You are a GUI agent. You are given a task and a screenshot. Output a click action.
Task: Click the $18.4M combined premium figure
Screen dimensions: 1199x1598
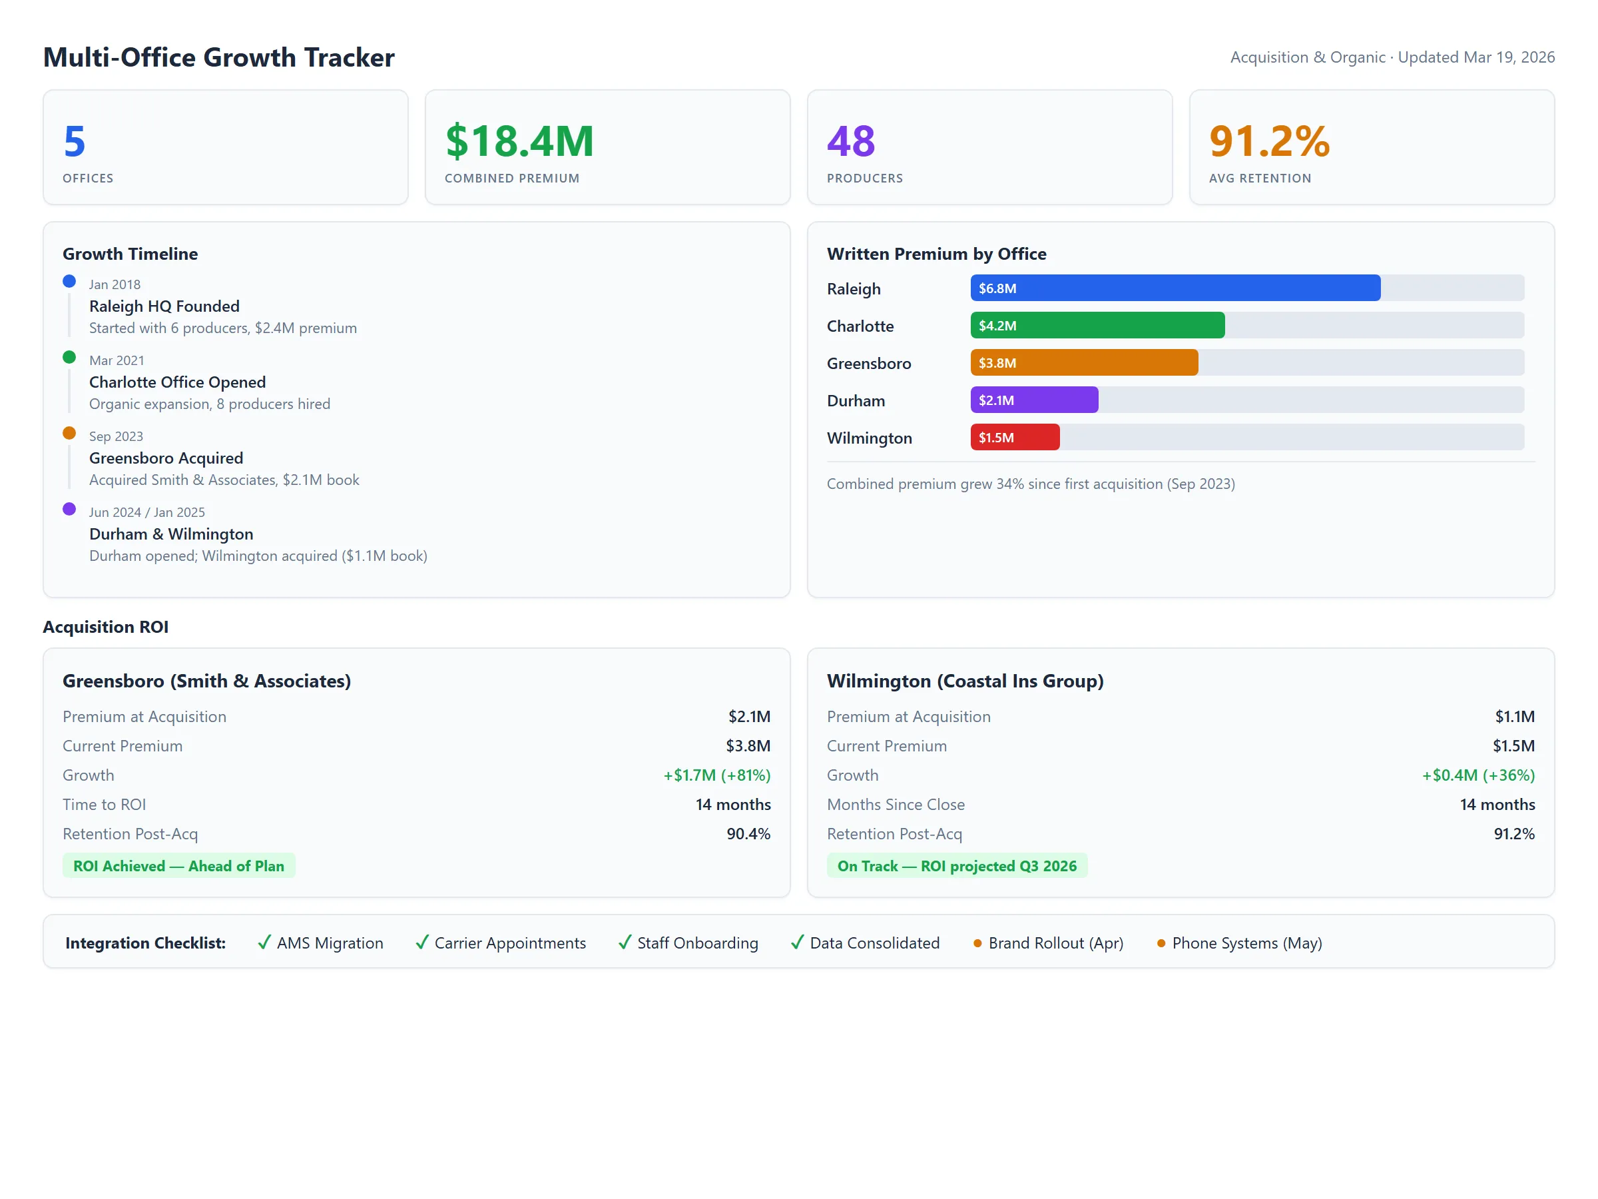pyautogui.click(x=519, y=141)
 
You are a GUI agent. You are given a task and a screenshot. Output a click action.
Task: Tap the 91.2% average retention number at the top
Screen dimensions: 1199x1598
pyautogui.click(x=1268, y=141)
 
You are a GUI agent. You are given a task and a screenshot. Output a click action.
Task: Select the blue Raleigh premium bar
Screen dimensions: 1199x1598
pyautogui.click(x=1175, y=288)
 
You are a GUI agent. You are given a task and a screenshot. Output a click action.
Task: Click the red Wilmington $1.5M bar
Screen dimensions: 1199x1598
pyautogui.click(x=1014, y=437)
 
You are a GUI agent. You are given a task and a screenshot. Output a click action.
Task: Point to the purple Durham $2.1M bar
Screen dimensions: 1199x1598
pyautogui.click(x=1034, y=400)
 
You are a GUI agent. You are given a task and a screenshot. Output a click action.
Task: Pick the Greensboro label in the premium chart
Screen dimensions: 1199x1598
pyautogui.click(x=868, y=364)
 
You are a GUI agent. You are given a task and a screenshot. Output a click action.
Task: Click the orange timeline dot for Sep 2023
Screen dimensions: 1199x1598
pyautogui.click(x=69, y=433)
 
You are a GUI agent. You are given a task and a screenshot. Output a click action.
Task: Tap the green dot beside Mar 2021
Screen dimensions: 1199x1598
pyautogui.click(x=69, y=357)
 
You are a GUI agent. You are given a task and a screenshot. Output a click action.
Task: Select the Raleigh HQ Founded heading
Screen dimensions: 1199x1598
pyautogui.click(x=164, y=306)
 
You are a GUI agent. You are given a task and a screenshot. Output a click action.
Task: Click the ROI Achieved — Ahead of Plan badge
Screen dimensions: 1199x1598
pyautogui.click(x=178, y=866)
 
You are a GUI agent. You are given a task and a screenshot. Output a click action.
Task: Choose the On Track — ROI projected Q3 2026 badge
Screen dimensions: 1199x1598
pyautogui.click(x=957, y=866)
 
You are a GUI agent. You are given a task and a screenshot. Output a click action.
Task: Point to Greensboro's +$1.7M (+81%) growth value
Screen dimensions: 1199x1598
pyautogui.click(x=716, y=775)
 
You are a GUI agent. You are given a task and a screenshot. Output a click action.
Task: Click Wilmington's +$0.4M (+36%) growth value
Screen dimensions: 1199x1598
pyautogui.click(x=1477, y=775)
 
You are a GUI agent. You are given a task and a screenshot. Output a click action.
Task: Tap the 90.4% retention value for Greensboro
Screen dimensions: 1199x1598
pyautogui.click(x=748, y=833)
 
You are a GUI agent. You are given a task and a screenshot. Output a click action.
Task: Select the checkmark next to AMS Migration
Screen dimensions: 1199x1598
pyautogui.click(x=264, y=943)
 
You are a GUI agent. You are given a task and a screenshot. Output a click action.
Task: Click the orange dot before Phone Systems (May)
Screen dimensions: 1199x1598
pyautogui.click(x=1161, y=943)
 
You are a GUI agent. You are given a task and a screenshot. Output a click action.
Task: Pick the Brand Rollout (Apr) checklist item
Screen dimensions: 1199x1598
pyautogui.click(x=1055, y=943)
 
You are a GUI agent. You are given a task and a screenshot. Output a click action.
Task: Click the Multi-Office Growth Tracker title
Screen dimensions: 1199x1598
pyautogui.click(x=219, y=57)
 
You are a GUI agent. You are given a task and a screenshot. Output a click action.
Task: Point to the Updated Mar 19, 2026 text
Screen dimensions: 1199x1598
pyautogui.click(x=1475, y=57)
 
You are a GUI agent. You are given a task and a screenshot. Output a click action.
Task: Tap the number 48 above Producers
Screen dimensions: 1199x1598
pyautogui.click(x=850, y=141)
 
